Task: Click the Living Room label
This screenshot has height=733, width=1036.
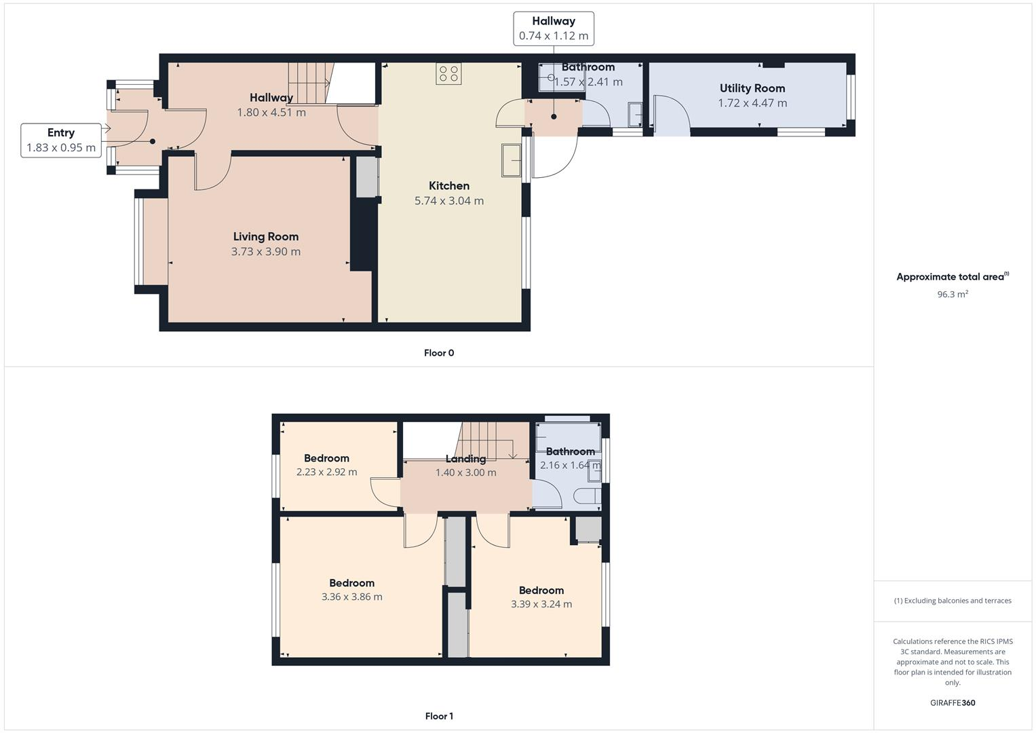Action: pos(265,237)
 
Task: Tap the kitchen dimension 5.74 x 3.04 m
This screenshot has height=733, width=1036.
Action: pos(448,201)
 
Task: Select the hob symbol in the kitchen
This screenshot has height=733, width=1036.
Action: pos(448,73)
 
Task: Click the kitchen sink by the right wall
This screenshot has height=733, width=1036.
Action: pos(510,161)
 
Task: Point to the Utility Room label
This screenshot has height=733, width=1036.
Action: pos(752,88)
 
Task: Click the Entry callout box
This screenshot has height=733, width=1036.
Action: pos(61,140)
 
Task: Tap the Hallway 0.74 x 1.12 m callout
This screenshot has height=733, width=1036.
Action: pos(553,29)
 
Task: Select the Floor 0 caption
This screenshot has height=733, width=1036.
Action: pos(439,353)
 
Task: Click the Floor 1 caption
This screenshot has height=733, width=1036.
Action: pos(439,716)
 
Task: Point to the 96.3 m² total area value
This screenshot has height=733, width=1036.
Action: pos(952,295)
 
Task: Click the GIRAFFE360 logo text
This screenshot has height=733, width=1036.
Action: pos(952,702)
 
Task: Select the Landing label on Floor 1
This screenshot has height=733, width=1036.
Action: pos(465,459)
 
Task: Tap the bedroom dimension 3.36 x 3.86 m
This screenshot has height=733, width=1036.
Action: pos(351,597)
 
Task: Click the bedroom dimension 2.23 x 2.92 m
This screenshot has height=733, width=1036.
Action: pos(326,472)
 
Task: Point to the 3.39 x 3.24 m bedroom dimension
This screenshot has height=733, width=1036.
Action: pos(541,604)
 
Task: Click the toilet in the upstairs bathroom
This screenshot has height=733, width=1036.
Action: pos(587,497)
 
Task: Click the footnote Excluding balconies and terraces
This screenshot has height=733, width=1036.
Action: pos(952,601)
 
